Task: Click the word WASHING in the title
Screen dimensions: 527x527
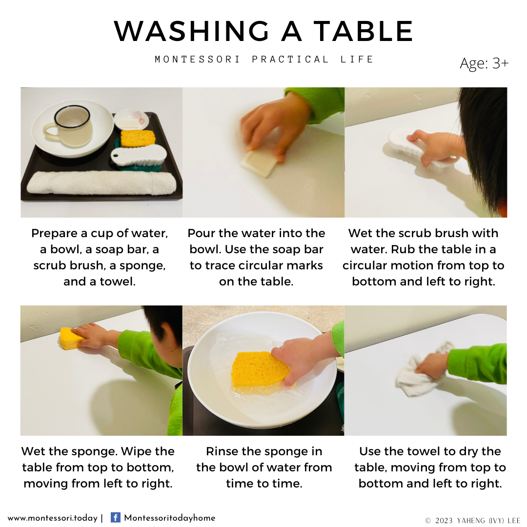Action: tap(191, 31)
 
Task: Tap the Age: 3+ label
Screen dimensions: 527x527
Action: tap(484, 63)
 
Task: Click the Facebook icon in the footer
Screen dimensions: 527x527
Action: tap(115, 517)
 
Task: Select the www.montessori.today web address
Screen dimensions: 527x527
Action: tap(52, 518)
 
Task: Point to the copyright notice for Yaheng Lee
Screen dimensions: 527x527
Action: tap(472, 521)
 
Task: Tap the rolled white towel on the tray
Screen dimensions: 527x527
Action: tap(101, 183)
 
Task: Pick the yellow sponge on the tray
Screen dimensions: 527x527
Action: tap(138, 138)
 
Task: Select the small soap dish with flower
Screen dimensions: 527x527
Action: tap(131, 120)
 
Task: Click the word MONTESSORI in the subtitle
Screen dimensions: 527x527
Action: tap(197, 60)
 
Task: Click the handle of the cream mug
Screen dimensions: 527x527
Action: tap(50, 131)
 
